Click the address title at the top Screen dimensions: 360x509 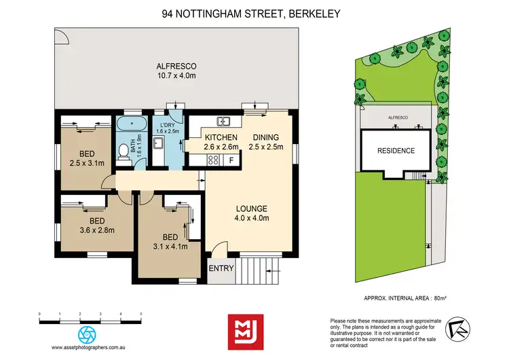click(254, 12)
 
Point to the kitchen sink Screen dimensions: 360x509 click(223, 122)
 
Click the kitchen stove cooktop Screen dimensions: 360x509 click(212, 160)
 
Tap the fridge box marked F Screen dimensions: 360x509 click(231, 161)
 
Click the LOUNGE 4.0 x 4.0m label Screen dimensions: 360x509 click(251, 213)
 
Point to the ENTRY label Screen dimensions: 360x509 click(221, 268)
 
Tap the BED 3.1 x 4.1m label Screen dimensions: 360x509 click(166, 241)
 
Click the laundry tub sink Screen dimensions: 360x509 click(158, 144)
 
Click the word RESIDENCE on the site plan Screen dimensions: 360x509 click(396, 151)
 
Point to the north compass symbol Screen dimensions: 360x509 click(458, 329)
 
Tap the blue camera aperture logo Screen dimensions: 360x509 click(88, 334)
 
